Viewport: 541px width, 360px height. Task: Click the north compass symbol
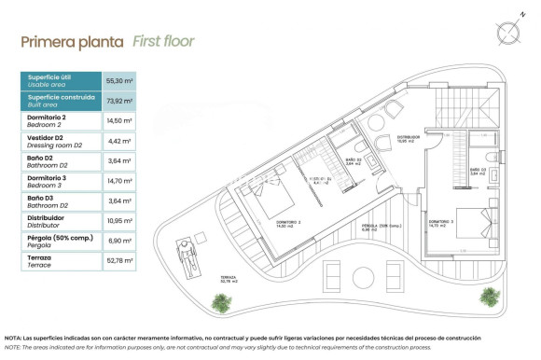click(x=508, y=32)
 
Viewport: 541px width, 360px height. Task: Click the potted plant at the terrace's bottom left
click(x=220, y=302)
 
